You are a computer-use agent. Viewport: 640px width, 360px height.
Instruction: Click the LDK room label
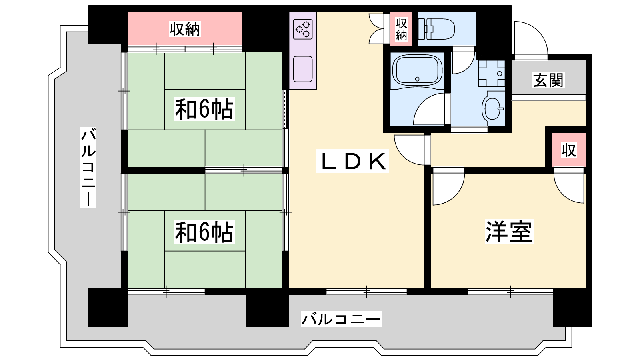[x=352, y=161]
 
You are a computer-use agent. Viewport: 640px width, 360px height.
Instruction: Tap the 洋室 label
[x=509, y=231]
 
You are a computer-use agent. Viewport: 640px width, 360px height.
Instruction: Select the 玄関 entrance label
[x=548, y=80]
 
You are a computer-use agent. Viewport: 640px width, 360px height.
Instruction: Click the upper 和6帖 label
[x=204, y=109]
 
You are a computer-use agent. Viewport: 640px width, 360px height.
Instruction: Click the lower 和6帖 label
[x=204, y=232]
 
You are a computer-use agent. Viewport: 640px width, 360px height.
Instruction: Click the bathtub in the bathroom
[x=418, y=70]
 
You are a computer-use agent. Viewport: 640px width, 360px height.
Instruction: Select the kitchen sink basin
[x=303, y=69]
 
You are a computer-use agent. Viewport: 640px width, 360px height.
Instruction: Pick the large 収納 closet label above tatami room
[x=184, y=28]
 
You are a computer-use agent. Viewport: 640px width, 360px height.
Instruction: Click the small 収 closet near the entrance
[x=568, y=150]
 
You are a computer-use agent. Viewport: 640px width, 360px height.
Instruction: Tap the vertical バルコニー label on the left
[x=88, y=167]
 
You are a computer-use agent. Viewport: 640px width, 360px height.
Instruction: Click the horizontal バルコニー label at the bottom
[x=342, y=319]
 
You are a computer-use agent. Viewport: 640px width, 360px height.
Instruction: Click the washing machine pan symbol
[x=492, y=74]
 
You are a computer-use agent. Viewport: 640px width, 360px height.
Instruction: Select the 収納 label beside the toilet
[x=401, y=29]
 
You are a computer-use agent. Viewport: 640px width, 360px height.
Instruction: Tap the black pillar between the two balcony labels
[x=268, y=308]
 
